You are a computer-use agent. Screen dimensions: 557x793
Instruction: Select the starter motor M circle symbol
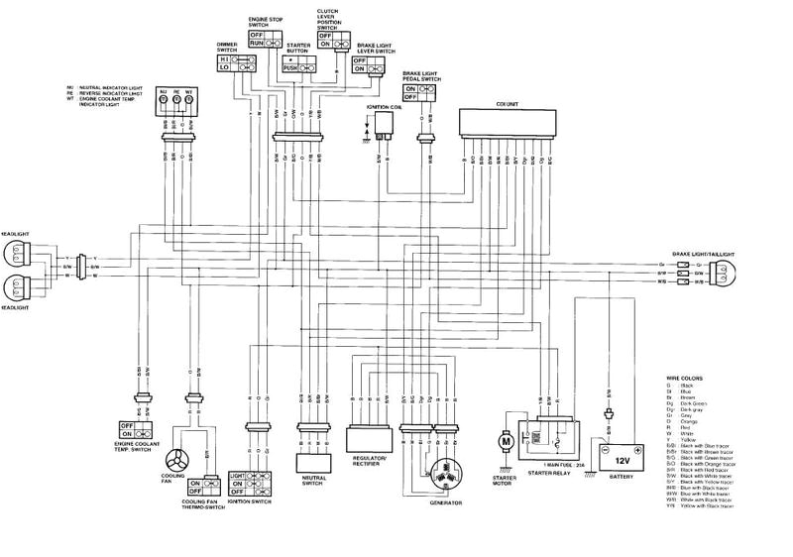tap(503, 438)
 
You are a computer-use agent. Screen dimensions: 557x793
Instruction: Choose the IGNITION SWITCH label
tap(249, 501)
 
